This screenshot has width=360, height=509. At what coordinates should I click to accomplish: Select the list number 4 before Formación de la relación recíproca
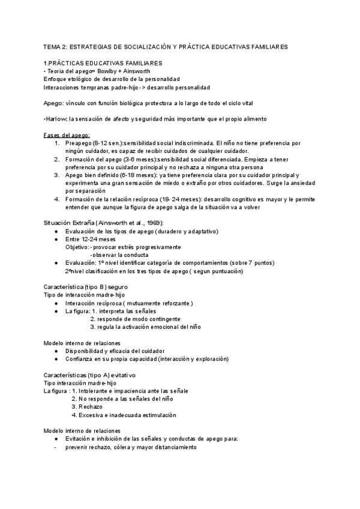click(56, 199)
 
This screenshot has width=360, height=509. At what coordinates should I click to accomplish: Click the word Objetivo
click(76, 247)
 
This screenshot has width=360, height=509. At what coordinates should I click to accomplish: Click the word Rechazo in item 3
click(92, 406)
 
